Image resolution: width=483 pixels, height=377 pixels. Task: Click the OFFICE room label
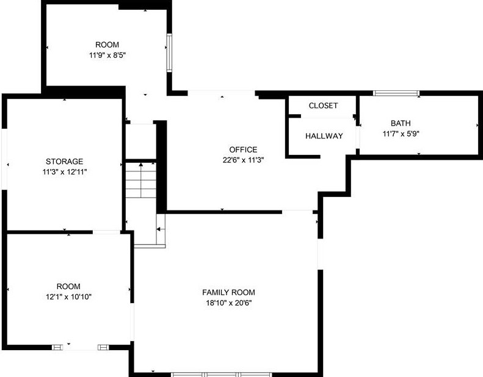(243, 149)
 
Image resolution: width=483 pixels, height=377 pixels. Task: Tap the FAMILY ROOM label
(228, 292)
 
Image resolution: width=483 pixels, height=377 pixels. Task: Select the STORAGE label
(64, 162)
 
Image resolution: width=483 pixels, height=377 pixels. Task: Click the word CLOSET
(323, 106)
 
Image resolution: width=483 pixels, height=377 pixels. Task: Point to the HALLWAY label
(324, 136)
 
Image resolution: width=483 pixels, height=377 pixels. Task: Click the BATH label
(401, 123)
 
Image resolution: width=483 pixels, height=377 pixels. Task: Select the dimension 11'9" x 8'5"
(107, 55)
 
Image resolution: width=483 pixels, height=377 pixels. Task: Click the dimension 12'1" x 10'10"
(68, 296)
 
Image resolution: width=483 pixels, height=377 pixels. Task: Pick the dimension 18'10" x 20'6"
(228, 303)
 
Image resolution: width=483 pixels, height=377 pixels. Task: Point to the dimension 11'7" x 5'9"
(401, 134)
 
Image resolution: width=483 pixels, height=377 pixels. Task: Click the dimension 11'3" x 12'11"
(64, 172)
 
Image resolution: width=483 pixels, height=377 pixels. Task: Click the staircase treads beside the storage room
(141, 181)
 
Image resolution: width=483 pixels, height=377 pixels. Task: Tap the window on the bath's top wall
(396, 93)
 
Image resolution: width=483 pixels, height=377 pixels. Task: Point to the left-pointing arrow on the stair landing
(158, 229)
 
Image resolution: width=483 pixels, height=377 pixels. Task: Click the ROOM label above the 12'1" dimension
(68, 286)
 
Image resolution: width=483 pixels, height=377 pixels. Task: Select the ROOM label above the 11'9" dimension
(107, 45)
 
